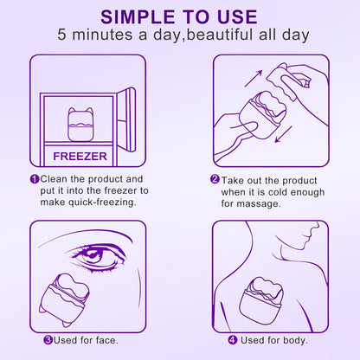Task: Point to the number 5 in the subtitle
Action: click(x=63, y=37)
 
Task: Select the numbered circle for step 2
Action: click(x=215, y=179)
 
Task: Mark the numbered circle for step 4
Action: click(x=232, y=339)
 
